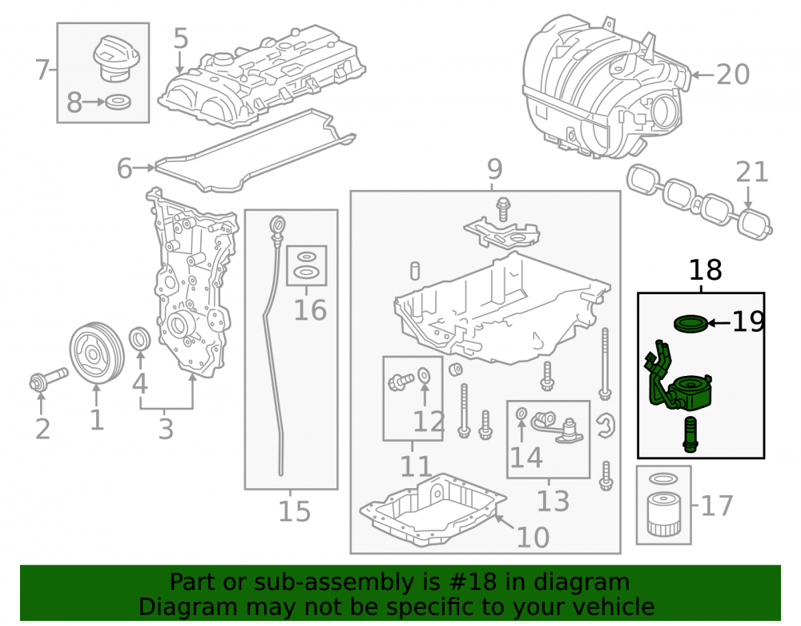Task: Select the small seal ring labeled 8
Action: pos(118,103)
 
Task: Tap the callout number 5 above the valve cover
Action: pos(181,38)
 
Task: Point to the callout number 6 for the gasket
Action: pos(124,168)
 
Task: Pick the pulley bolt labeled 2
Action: pos(48,379)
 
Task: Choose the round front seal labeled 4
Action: pos(140,340)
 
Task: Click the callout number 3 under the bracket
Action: pos(166,430)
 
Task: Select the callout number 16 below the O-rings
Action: pos(310,309)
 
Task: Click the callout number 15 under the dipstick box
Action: pos(294,511)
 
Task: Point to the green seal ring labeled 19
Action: pos(690,324)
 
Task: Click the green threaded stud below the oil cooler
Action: pos(690,435)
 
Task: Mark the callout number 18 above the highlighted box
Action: pos(706,270)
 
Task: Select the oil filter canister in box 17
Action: pos(663,514)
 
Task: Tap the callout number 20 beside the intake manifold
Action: pos(733,75)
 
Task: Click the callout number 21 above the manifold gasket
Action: pos(752,172)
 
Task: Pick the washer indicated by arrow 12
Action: pos(424,376)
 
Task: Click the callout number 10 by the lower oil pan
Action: pos(533,537)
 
